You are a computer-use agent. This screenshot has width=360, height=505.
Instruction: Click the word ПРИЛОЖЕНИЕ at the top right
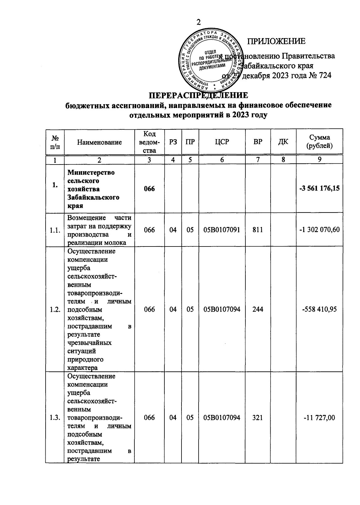click(x=276, y=41)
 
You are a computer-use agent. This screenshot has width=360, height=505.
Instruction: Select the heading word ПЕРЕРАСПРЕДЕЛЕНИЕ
click(x=199, y=95)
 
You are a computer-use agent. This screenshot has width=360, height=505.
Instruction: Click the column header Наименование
click(x=99, y=142)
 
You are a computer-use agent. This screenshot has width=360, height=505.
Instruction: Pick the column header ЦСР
click(x=222, y=142)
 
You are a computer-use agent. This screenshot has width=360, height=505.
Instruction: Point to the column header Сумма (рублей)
click(x=319, y=142)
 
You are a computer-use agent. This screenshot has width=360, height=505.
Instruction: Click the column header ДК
click(x=283, y=142)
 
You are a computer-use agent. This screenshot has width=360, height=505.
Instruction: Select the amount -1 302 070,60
click(x=319, y=230)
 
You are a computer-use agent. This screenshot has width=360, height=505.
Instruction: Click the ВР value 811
click(x=258, y=230)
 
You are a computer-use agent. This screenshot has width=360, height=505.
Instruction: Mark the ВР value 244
click(x=258, y=309)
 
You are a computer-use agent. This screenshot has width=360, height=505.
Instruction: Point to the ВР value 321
click(x=258, y=418)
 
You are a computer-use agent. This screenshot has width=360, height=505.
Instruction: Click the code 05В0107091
click(x=222, y=230)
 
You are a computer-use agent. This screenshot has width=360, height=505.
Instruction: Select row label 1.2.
click(x=55, y=309)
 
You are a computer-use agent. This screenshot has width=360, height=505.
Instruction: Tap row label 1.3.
click(x=55, y=418)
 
